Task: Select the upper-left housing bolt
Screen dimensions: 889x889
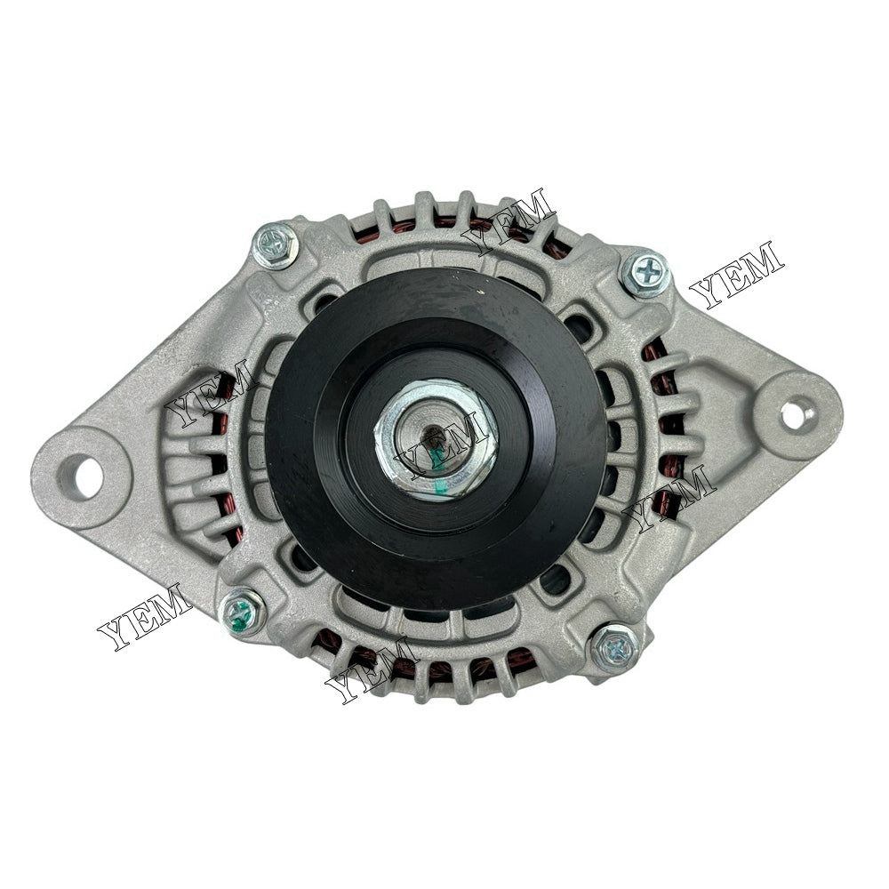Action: point(275,244)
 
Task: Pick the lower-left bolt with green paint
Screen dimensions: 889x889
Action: point(243,612)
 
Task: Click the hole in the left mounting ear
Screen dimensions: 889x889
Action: point(86,477)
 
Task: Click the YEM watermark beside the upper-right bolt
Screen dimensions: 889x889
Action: point(736,274)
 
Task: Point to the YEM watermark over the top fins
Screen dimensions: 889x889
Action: point(509,220)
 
